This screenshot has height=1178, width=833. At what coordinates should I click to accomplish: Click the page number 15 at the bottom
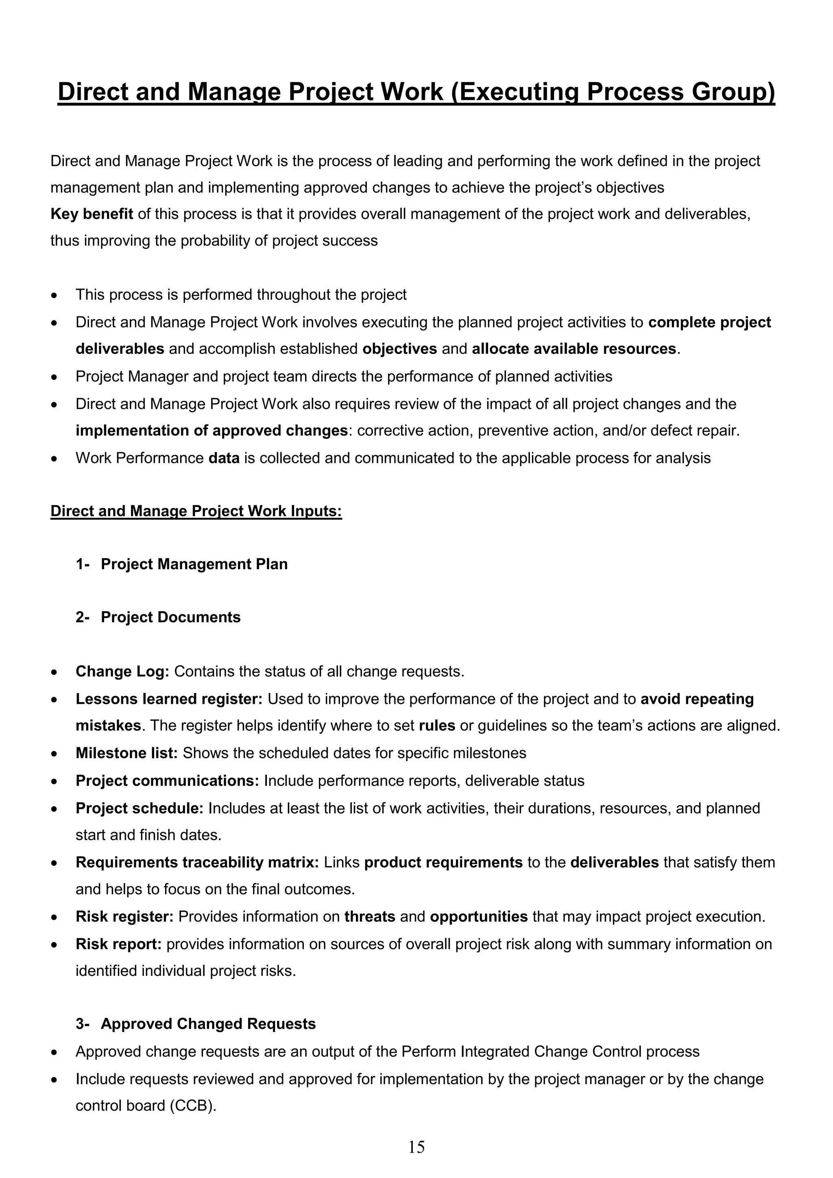pyautogui.click(x=416, y=1147)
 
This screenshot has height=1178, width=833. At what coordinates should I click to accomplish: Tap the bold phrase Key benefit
pyautogui.click(x=92, y=214)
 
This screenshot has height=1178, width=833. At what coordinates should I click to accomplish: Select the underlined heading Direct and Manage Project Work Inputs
pyautogui.click(x=196, y=511)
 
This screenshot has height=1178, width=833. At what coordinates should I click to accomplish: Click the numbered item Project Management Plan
pyautogui.click(x=194, y=564)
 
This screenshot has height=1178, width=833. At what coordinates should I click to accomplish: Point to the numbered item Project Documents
pyautogui.click(x=170, y=617)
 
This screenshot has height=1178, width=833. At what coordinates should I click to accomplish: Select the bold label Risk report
pyautogui.click(x=118, y=944)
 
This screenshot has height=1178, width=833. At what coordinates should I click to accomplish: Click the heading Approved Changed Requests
pyautogui.click(x=208, y=1023)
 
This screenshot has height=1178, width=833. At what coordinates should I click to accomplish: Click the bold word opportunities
pyautogui.click(x=478, y=917)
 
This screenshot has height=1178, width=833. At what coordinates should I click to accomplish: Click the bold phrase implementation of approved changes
pyautogui.click(x=212, y=431)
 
